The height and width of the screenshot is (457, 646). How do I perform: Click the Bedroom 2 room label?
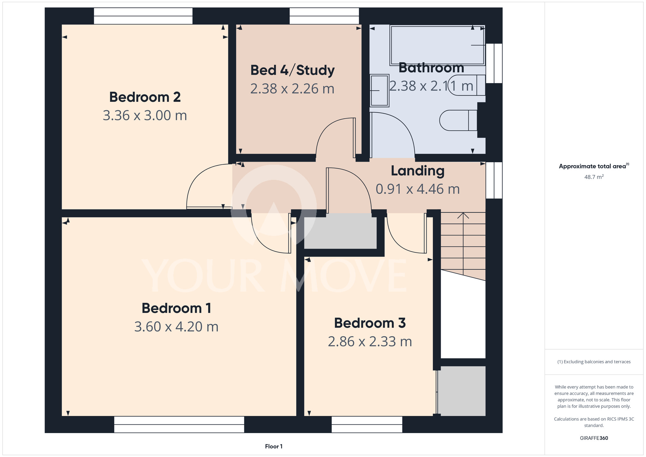tap(145, 97)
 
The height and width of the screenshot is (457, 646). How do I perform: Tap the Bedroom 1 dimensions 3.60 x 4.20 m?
tap(176, 327)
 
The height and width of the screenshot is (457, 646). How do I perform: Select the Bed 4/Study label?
tap(292, 70)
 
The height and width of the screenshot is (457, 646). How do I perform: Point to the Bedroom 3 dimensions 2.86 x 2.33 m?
tap(370, 342)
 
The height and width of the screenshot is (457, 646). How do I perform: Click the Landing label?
tap(418, 171)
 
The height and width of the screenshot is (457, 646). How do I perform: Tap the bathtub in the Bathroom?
tap(437, 45)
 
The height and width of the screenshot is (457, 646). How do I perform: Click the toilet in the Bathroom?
tap(458, 121)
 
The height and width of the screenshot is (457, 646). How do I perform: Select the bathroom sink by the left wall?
tap(379, 91)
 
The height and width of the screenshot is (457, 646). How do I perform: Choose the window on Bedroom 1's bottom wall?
tap(179, 424)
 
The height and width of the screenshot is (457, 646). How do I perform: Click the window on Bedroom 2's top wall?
tap(143, 16)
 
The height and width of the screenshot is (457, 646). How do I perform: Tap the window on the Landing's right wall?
tap(494, 180)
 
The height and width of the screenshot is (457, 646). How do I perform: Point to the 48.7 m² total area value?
tap(594, 177)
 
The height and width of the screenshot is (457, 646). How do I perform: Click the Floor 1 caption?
tap(274, 446)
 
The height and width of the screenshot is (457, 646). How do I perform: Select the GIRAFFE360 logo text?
tap(594, 438)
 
